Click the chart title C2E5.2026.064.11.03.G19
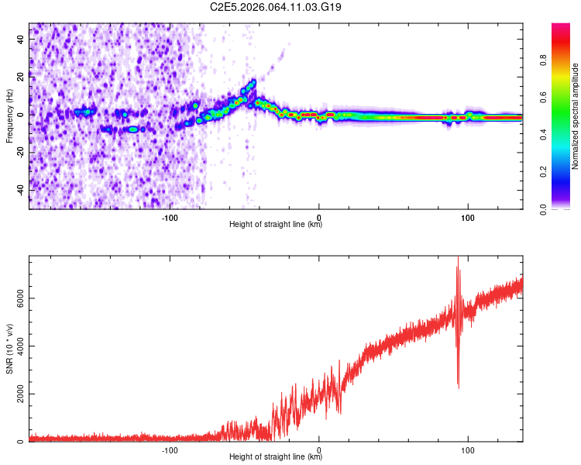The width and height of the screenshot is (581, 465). pyautogui.click(x=277, y=7)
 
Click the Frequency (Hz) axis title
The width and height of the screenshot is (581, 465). pyautogui.click(x=9, y=115)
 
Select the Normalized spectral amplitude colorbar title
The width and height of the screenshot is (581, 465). pyautogui.click(x=576, y=116)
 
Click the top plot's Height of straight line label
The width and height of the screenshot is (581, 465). pyautogui.click(x=276, y=225)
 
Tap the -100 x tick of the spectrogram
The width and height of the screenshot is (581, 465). pyautogui.click(x=170, y=216)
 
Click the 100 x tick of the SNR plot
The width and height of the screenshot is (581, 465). pyautogui.click(x=468, y=449)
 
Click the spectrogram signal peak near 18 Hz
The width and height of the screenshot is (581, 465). pyautogui.click(x=252, y=81)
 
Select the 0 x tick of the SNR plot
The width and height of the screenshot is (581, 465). pyautogui.click(x=319, y=449)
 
